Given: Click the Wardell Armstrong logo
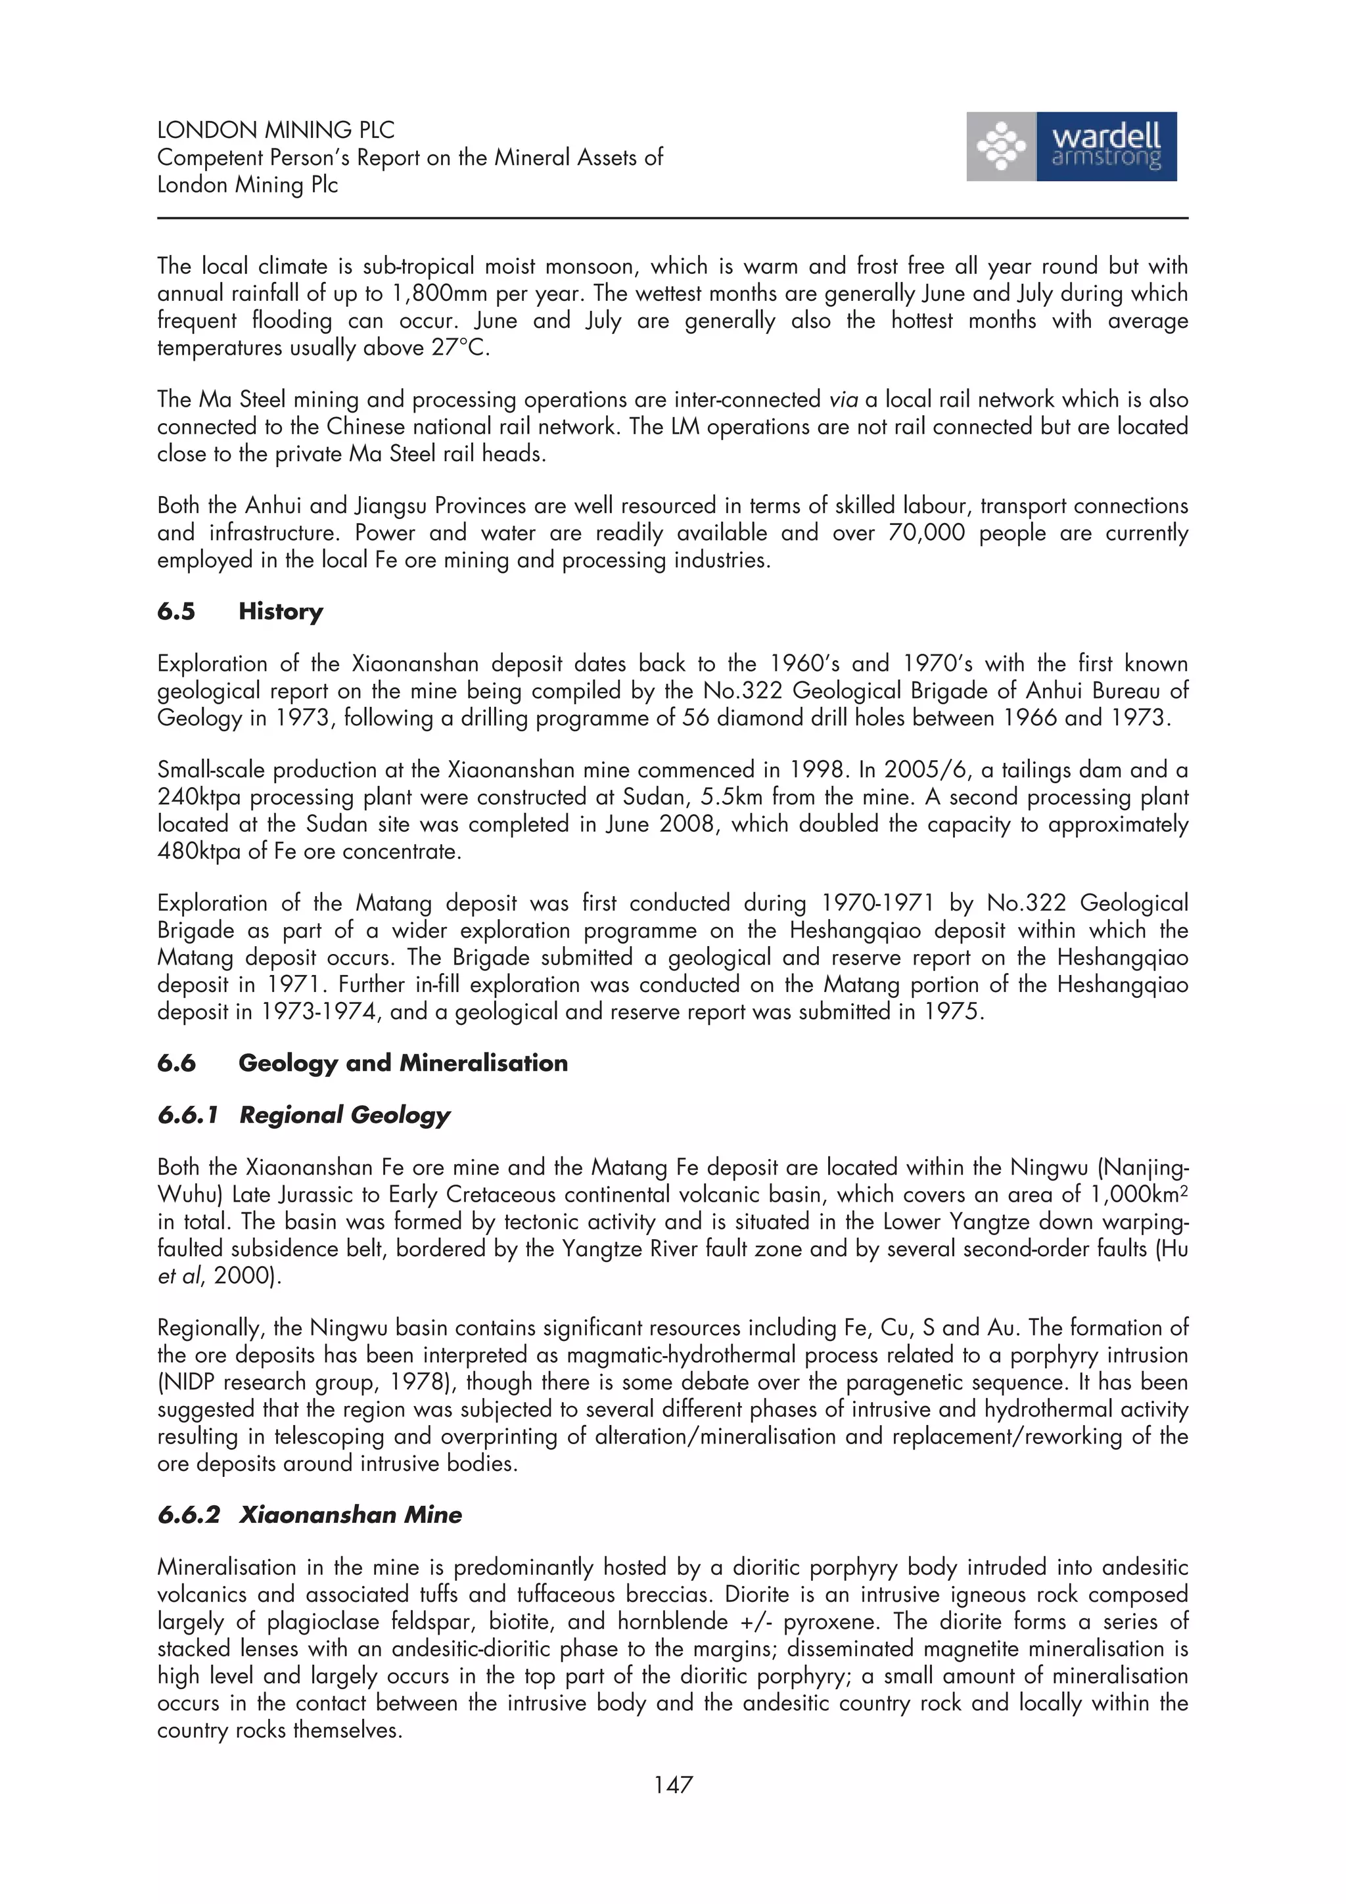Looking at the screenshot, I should [1071, 147].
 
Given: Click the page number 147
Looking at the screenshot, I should [672, 1784].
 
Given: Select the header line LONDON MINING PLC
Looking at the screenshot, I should [275, 130].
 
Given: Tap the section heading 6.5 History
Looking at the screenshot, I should [240, 611].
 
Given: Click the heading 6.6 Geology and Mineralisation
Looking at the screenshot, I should [362, 1063].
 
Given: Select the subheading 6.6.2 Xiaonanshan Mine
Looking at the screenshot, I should [310, 1514].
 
